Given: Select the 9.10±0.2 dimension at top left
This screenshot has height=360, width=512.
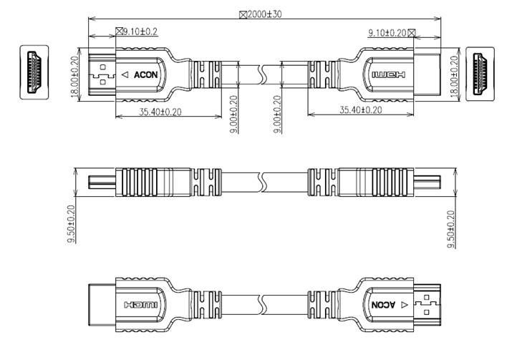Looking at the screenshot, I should (137, 31).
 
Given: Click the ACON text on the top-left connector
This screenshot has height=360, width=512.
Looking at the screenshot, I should (145, 74).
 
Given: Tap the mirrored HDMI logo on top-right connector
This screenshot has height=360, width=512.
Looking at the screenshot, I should (387, 74).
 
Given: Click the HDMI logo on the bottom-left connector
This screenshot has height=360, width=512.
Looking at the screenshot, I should (140, 304).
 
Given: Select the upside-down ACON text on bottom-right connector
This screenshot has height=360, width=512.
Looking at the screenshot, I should (382, 304).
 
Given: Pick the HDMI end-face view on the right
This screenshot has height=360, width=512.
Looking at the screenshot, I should (480, 72).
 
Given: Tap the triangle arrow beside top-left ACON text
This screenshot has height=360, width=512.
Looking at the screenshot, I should (125, 74).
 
